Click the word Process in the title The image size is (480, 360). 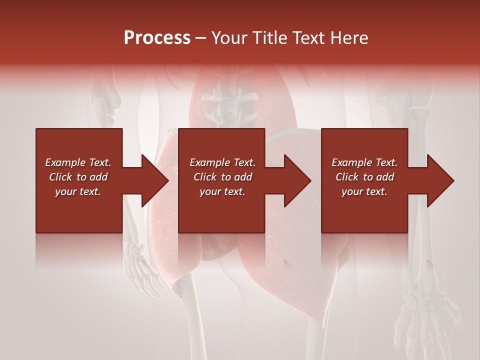tap(157, 38)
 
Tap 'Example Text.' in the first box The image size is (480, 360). tap(78, 162)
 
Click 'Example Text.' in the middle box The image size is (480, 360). tap(222, 162)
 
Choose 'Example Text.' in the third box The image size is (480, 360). tap(364, 162)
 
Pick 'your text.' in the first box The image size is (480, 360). tap(78, 191)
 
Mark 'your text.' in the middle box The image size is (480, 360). tap(222, 191)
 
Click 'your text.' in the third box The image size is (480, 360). tap(364, 191)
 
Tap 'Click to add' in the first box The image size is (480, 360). tap(78, 177)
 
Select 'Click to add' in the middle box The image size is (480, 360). tap(222, 177)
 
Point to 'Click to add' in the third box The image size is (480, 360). tap(364, 177)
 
